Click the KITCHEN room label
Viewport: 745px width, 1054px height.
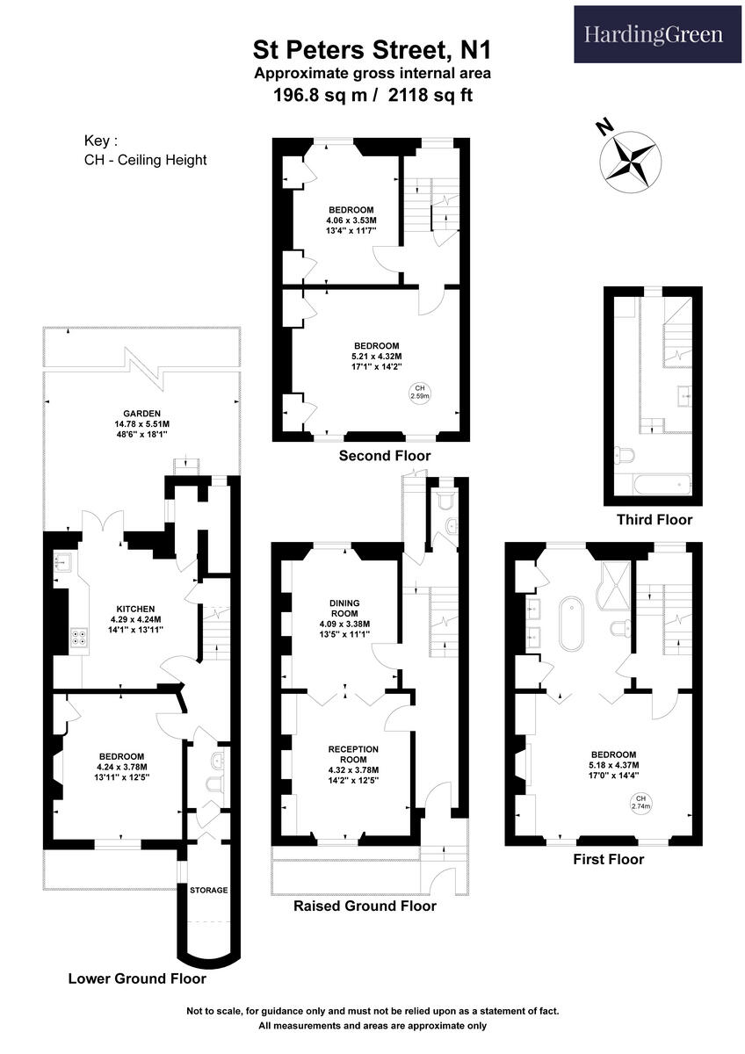click(136, 609)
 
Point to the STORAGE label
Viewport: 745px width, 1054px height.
click(208, 890)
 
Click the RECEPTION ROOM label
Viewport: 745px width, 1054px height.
click(353, 754)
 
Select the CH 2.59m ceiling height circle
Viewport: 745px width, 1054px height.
click(420, 393)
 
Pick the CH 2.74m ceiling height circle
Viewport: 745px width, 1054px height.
click(638, 801)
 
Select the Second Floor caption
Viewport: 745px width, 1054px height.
click(385, 456)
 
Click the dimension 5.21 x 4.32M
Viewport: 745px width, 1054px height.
click(377, 356)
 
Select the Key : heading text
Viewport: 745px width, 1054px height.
click(100, 141)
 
